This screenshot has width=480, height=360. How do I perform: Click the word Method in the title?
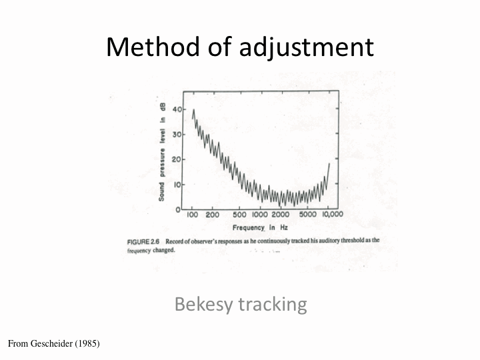[x=153, y=47]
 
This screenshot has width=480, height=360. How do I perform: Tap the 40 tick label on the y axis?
[x=177, y=109]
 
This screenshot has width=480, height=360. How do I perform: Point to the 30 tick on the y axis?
[x=177, y=134]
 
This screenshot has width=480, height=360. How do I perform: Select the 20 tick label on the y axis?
[x=177, y=159]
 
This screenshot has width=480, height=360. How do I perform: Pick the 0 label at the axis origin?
[x=178, y=210]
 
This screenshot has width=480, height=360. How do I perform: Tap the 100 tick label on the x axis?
[x=192, y=215]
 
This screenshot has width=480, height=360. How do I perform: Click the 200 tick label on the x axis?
[x=212, y=215]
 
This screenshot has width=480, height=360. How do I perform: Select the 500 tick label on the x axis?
[x=239, y=215]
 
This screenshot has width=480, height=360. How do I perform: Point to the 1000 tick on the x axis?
[x=260, y=215]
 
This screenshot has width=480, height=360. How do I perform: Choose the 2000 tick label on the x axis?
[x=281, y=215]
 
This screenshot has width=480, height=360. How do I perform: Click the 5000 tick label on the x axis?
[x=307, y=214]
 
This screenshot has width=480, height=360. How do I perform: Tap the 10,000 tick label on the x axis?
[x=333, y=214]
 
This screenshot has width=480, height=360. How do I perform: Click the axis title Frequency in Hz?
[x=260, y=228]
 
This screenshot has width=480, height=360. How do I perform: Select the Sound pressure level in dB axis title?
[x=162, y=152]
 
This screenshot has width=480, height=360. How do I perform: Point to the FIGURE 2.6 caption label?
[x=143, y=242]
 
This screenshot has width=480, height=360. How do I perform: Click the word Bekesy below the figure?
[x=203, y=305]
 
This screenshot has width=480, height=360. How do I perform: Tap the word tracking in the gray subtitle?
[x=273, y=305]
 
